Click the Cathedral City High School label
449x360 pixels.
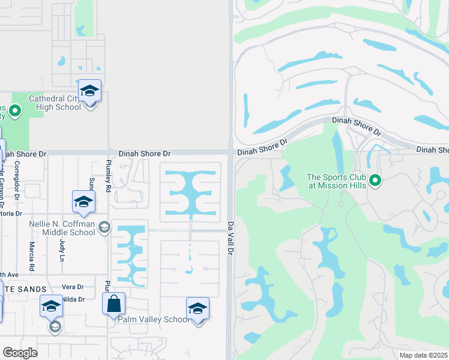pos(55,103)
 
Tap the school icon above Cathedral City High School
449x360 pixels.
pos(89,91)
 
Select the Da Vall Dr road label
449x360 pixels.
pos(230,238)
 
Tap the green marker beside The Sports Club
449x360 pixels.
pos(376,180)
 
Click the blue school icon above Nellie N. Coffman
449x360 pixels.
pos(83,202)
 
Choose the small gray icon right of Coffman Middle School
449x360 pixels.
pos(104,227)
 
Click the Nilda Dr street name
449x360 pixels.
pos(72,299)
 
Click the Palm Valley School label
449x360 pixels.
pos(153,319)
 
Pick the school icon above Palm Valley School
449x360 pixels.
pos(197,308)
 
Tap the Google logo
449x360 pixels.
pos(20,353)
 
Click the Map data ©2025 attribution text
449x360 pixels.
pos(423,355)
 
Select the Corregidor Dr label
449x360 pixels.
pos(17,178)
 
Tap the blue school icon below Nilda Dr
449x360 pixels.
pos(52,306)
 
